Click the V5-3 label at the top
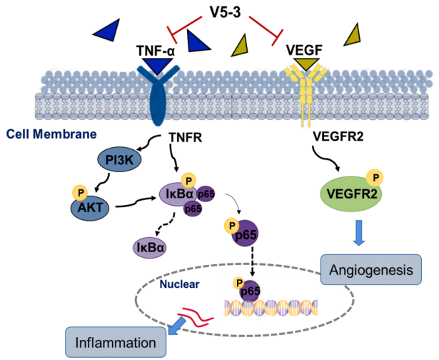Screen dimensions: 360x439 point(224,12)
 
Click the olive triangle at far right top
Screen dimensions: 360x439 point(353,34)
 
